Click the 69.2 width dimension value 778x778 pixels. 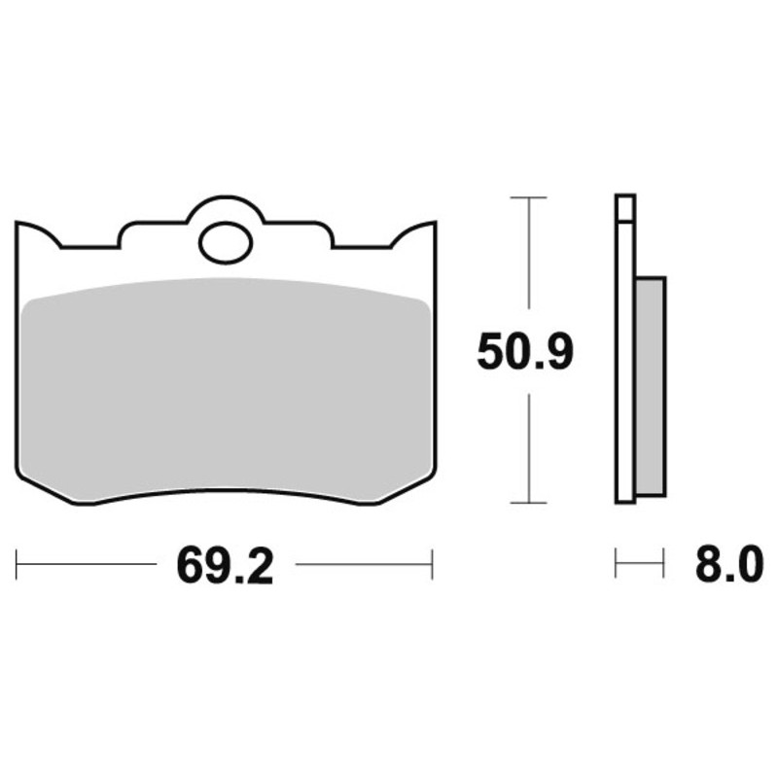click(225, 566)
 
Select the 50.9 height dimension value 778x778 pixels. click(525, 352)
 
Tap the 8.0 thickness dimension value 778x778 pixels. click(728, 564)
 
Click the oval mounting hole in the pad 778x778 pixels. click(226, 243)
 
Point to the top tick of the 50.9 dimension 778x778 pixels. click(529, 197)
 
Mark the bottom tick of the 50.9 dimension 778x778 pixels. click(529, 503)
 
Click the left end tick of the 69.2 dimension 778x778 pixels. click(17, 564)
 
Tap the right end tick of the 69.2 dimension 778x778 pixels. click(433, 564)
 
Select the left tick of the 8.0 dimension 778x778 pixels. click(616, 563)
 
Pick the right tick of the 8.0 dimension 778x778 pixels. click(663, 563)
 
